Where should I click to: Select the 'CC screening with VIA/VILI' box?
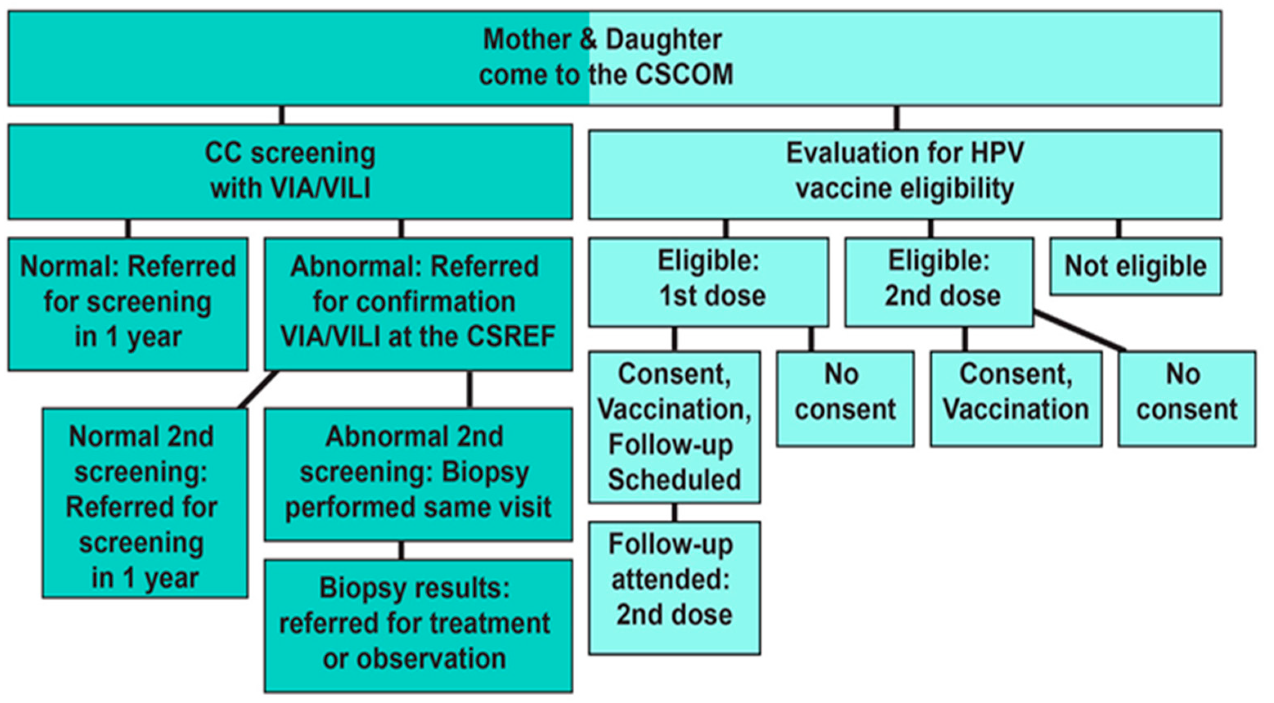[290, 171]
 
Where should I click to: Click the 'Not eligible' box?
[1135, 266]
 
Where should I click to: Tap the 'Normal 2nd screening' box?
[144, 504]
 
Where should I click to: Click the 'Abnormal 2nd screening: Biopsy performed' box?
[418, 474]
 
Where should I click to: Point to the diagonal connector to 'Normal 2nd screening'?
[258, 390]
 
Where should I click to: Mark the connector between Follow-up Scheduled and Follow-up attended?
[674, 513]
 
